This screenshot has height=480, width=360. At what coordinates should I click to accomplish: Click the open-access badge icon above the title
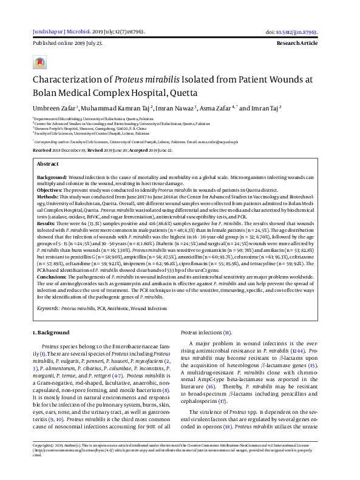pyautogui.click(x=40, y=63)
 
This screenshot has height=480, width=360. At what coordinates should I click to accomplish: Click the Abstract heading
pyautogui.click(x=48, y=164)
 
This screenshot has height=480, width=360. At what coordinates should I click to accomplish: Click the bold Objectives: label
pyautogui.click(x=50, y=189)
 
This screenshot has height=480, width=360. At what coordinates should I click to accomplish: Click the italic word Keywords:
pyautogui.click(x=49, y=308)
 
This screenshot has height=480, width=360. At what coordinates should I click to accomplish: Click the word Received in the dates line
pyautogui.click(x=42, y=149)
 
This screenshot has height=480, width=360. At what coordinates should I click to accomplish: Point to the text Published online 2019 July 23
pyautogui.click(x=67, y=44)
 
